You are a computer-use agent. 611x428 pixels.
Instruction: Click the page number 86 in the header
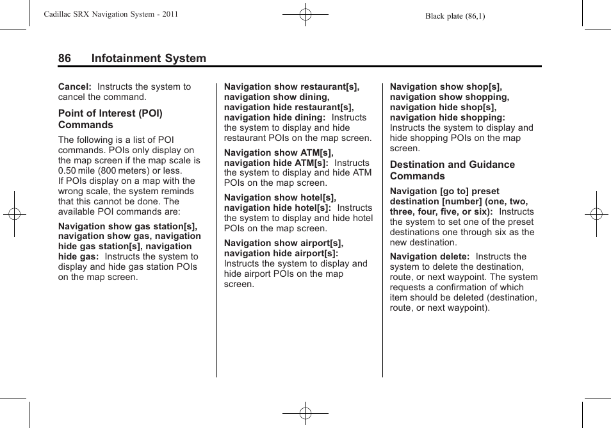point(65,58)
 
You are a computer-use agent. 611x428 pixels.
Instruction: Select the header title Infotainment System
point(149,58)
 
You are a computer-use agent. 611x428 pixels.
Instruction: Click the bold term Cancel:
point(75,86)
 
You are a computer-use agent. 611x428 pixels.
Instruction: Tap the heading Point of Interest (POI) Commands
point(110,119)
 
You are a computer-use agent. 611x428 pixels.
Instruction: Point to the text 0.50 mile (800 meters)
point(107,170)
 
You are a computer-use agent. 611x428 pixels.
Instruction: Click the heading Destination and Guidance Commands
point(452,170)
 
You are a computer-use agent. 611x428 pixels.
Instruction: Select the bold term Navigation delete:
point(430,256)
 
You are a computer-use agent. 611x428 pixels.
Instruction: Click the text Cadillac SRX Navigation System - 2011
point(110,14)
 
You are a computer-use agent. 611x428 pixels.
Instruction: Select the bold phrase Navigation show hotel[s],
point(280,197)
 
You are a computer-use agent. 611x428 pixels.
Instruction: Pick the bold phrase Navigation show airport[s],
point(284,243)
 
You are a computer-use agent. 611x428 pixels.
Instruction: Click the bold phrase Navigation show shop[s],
point(446,86)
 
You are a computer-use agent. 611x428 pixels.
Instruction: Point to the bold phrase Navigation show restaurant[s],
point(291,86)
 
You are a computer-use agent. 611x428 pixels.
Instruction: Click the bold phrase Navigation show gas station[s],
point(127,226)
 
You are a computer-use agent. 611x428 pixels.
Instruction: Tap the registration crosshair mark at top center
point(305,14)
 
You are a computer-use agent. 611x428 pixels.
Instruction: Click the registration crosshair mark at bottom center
point(305,413)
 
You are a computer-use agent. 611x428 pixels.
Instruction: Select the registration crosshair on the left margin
point(14,214)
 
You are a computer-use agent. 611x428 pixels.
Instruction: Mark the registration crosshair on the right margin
point(596,214)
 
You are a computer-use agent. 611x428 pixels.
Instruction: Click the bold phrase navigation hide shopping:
point(447,117)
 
